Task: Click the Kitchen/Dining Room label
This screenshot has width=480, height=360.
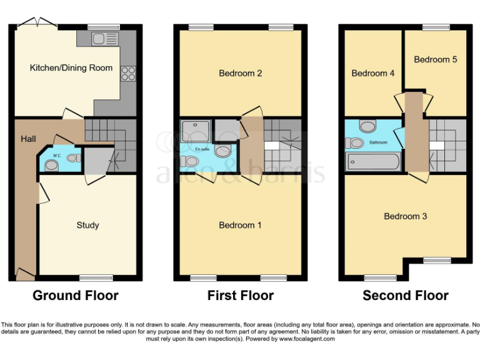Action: (71, 67)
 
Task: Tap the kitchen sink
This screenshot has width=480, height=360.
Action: (101, 39)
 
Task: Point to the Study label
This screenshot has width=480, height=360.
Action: (87, 225)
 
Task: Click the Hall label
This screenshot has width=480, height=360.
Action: (27, 138)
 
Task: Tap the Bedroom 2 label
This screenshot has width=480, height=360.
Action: (240, 73)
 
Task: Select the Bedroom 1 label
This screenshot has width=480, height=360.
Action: (240, 225)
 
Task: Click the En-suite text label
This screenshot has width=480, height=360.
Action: (202, 149)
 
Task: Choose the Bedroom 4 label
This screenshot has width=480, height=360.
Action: (372, 73)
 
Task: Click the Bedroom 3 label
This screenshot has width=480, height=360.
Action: (405, 216)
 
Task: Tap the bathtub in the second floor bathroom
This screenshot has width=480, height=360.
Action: (373, 162)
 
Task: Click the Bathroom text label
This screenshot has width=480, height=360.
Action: (378, 142)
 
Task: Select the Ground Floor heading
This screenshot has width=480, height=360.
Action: (75, 295)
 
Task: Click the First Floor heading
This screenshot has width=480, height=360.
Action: (240, 295)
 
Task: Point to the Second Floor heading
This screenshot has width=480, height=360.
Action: (405, 295)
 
